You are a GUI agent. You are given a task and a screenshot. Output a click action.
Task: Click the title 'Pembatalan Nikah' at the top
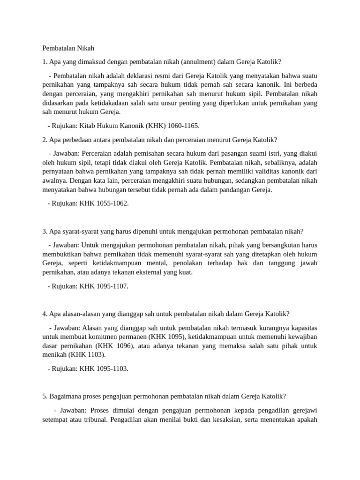coord(68,48)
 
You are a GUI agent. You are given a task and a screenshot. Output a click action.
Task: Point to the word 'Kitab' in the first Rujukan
coord(88,126)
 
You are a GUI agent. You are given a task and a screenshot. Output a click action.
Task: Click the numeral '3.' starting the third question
coord(45,231)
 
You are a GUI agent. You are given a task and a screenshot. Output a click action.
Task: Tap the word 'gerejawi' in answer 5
coord(304,410)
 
